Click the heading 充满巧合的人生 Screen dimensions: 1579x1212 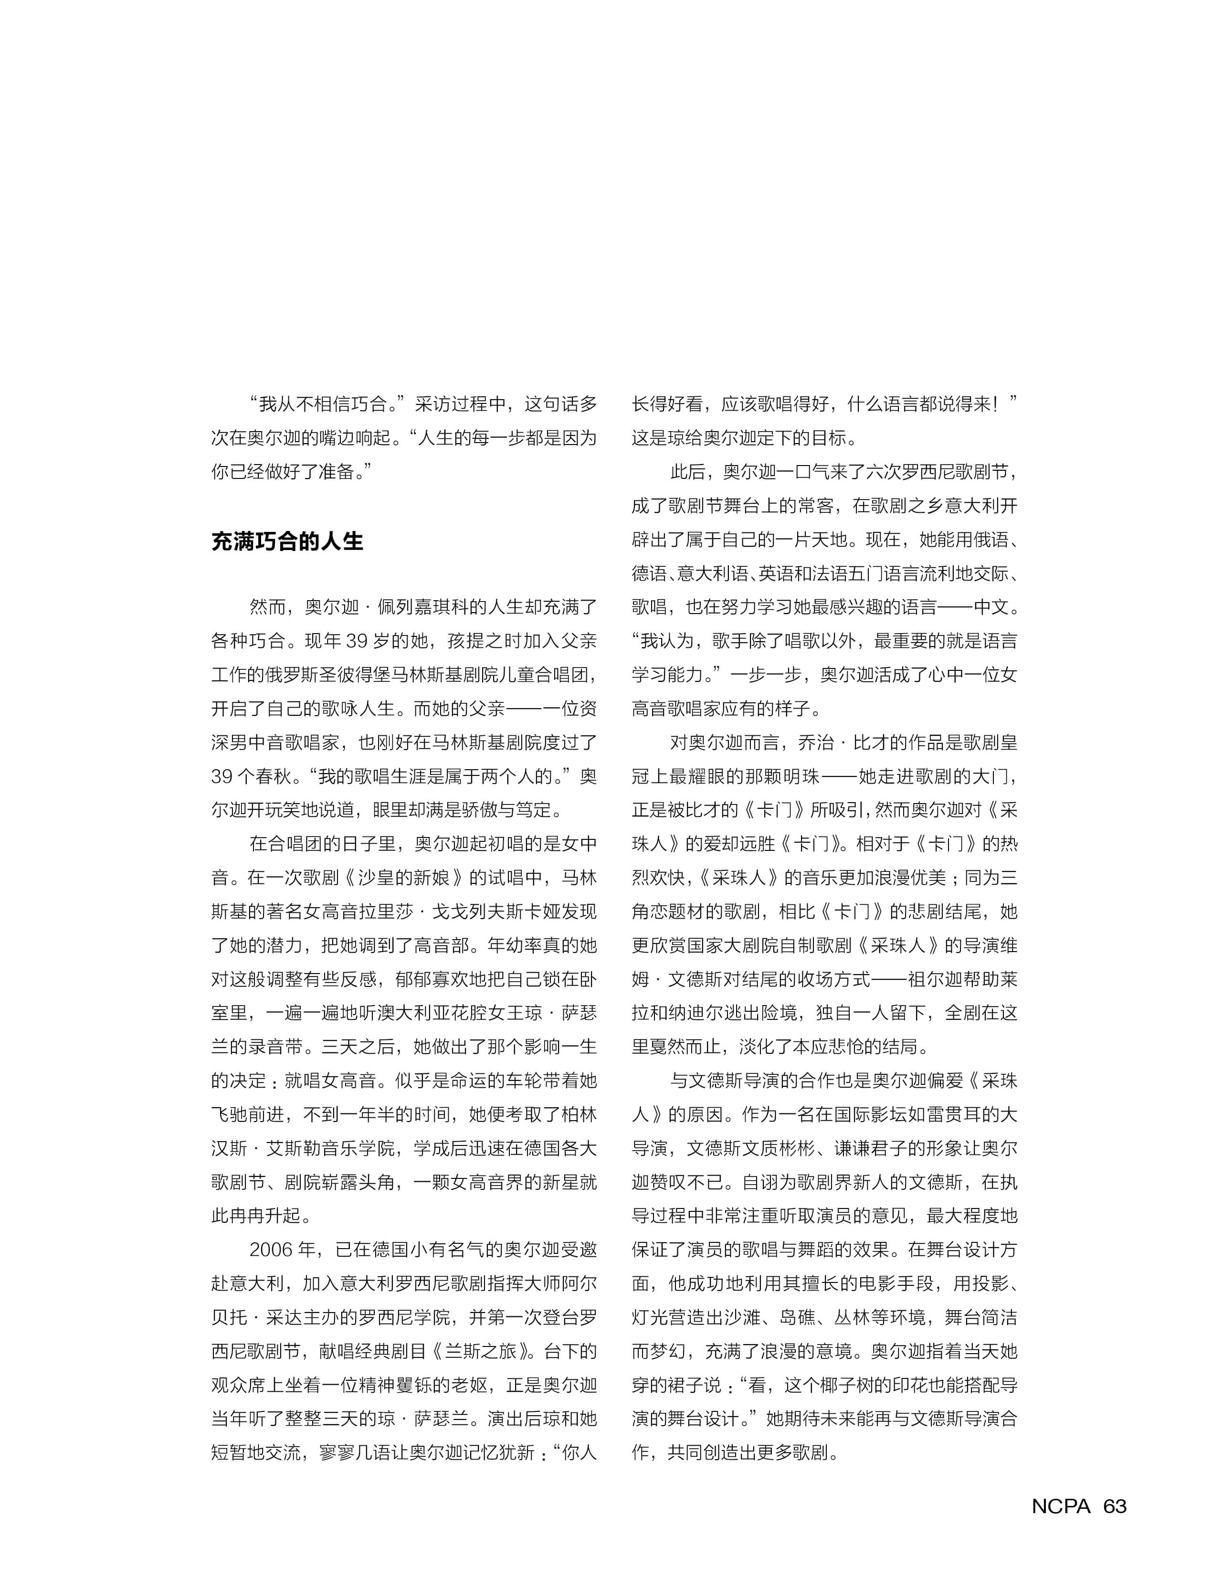(287, 541)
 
